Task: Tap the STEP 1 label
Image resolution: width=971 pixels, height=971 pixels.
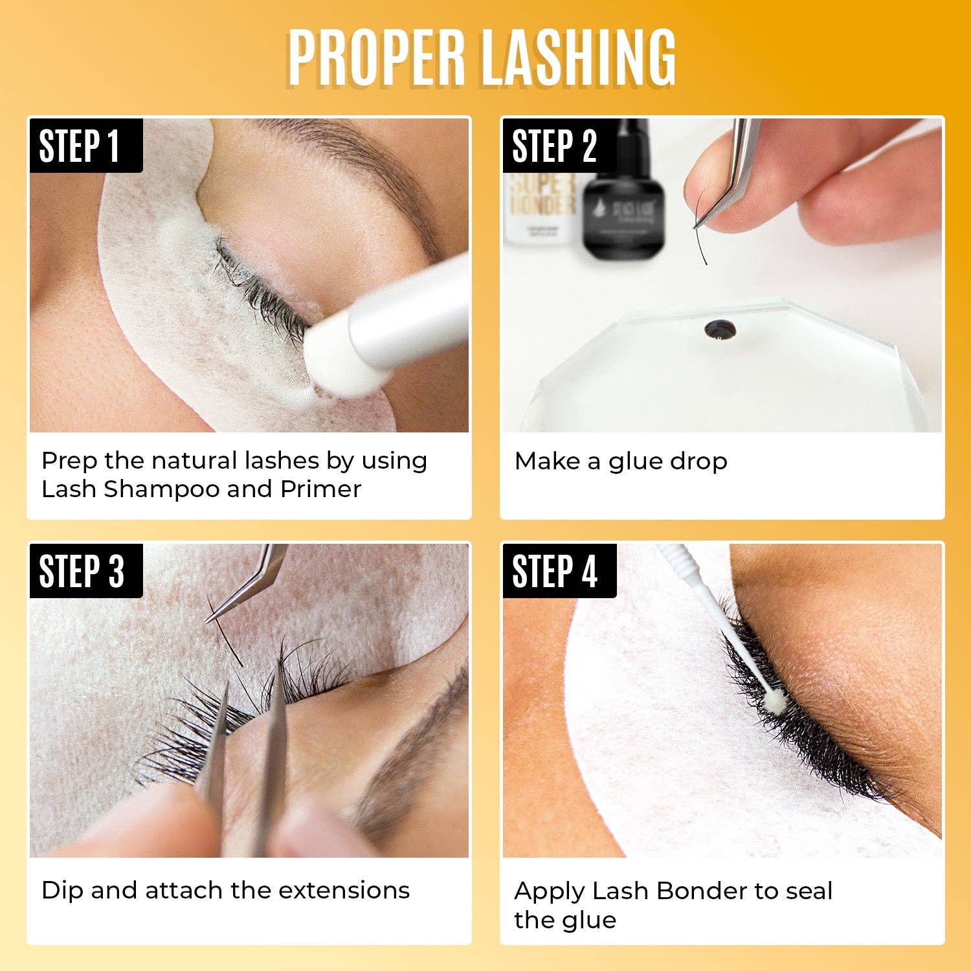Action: [x=80, y=146]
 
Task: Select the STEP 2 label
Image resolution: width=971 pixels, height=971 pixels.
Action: [x=554, y=146]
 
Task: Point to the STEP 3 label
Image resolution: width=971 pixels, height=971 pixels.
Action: [x=82, y=571]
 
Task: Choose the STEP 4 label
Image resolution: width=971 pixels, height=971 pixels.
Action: [x=555, y=571]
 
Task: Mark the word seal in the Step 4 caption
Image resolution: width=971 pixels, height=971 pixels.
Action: [x=809, y=891]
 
